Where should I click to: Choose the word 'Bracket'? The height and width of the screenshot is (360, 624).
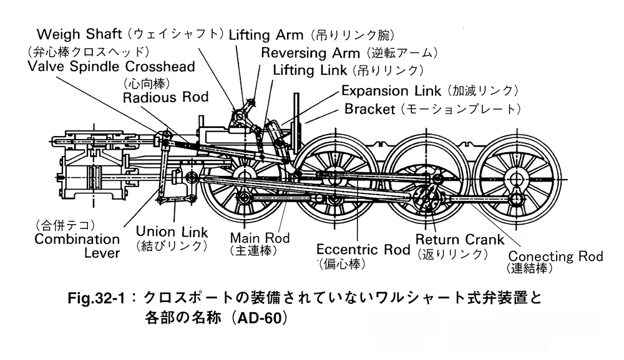370,109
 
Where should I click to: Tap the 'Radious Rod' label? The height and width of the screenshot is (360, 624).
165,97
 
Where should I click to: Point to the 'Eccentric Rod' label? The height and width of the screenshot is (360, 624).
363,250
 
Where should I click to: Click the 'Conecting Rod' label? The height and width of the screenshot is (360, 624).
555,256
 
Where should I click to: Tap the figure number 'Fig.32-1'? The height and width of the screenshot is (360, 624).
99,298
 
